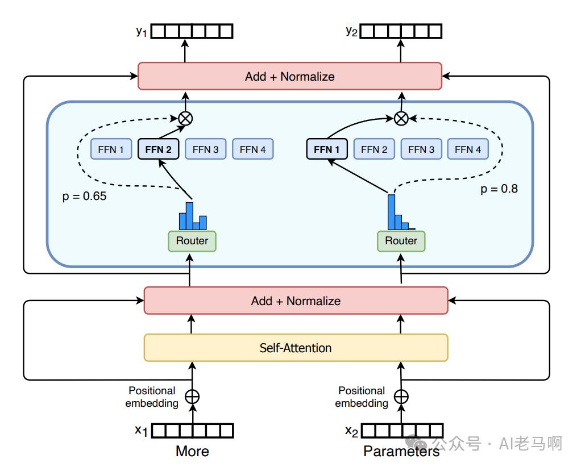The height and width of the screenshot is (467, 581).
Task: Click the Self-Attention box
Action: [x=296, y=348]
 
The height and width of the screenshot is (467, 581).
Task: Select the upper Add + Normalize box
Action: [x=289, y=76]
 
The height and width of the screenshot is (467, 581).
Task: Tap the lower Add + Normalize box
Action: [x=296, y=301]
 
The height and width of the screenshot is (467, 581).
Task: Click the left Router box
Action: [x=192, y=241]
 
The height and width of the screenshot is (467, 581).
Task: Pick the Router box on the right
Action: [x=401, y=241]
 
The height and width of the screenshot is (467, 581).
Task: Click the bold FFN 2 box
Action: [x=158, y=149]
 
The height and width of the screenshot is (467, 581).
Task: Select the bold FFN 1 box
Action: [x=327, y=149]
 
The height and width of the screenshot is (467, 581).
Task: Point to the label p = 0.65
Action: [x=84, y=197]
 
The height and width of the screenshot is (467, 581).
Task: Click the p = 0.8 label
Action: [x=499, y=189]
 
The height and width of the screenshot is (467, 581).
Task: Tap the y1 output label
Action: [x=142, y=31]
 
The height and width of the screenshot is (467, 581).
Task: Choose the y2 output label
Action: [x=351, y=31]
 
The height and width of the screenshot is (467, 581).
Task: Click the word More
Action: [x=192, y=452]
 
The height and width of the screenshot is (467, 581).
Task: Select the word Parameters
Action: [x=401, y=452]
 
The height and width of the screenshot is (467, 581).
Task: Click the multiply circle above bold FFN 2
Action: [x=185, y=118]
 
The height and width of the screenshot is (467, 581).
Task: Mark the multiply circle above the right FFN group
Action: [x=401, y=118]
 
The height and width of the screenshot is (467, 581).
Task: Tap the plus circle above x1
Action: [x=193, y=397]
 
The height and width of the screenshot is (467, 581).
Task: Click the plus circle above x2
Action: [x=401, y=397]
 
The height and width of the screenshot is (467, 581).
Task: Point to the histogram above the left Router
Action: [x=193, y=216]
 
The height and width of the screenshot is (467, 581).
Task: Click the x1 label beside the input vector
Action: [x=141, y=431]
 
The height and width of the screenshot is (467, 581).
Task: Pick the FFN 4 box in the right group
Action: [x=468, y=149]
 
